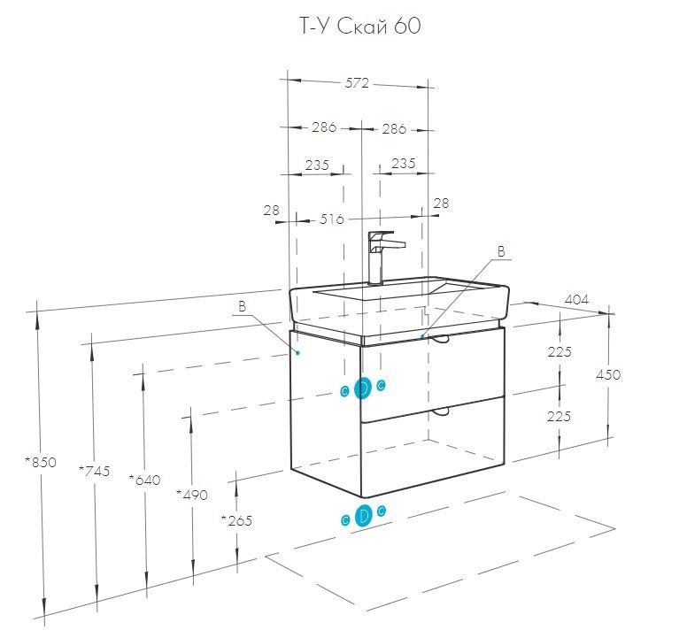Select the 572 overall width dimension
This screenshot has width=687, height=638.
click(356, 83)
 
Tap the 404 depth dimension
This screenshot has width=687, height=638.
click(575, 299)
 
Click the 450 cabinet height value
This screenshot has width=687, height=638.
click(608, 374)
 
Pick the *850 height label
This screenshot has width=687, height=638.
click(42, 463)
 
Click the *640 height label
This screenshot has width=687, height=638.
click(144, 480)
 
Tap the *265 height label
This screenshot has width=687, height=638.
click(236, 520)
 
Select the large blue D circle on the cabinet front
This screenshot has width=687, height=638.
click(362, 388)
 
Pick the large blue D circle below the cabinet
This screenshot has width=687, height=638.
click(362, 517)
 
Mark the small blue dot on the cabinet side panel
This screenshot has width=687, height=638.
click(299, 352)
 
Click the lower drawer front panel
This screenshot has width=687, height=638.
click(434, 447)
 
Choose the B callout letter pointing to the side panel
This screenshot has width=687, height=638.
click(241, 307)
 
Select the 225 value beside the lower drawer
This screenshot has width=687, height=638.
click(559, 416)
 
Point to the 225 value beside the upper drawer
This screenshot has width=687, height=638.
click(559, 351)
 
